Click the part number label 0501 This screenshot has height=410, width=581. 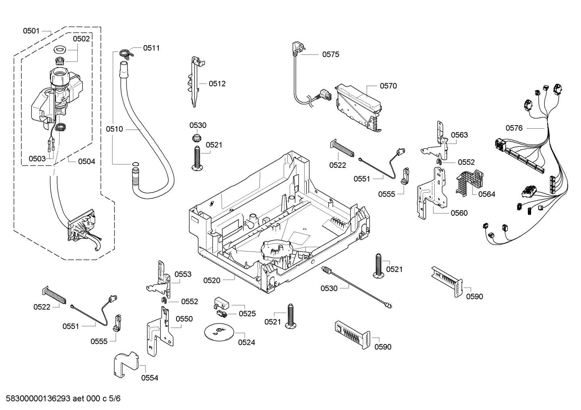[x=31, y=31]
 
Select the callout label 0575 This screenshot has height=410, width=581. [x=330, y=54]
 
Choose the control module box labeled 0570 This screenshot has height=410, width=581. [x=359, y=107]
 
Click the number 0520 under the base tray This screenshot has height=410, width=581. [x=212, y=280]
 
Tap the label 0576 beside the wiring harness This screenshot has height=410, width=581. [x=514, y=128]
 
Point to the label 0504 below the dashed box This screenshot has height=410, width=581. [x=87, y=161]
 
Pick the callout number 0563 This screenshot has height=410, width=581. [x=459, y=135]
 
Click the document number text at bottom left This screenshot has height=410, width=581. [x=61, y=399]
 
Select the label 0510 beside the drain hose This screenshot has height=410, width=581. [x=114, y=129]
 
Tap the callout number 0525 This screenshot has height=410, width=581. [x=247, y=313]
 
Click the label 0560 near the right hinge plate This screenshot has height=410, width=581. [x=459, y=213]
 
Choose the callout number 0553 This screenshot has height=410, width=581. [x=183, y=274]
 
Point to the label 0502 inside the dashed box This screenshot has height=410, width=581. [x=81, y=39]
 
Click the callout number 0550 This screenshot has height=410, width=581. [x=184, y=319]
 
